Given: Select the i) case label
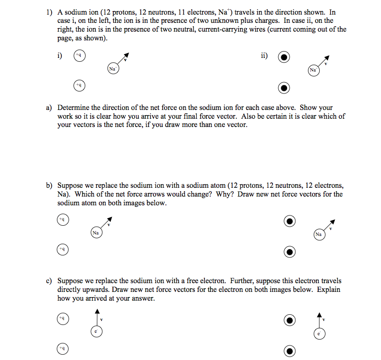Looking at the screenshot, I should [59, 55].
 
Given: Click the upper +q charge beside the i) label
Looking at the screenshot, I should [78, 56].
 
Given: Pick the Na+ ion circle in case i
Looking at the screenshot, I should [112, 69].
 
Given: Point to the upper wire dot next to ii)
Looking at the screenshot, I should [284, 57].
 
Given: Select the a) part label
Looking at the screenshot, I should [49, 108].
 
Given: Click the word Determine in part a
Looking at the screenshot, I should [73, 108].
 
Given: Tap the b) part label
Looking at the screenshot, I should [49, 185].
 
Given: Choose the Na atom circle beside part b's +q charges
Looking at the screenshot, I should [96, 233].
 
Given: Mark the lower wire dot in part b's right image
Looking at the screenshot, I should [290, 252].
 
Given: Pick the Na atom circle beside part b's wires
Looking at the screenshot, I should [318, 234].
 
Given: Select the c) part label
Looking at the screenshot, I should [49, 281].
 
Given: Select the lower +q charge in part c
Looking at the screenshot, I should [61, 348].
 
